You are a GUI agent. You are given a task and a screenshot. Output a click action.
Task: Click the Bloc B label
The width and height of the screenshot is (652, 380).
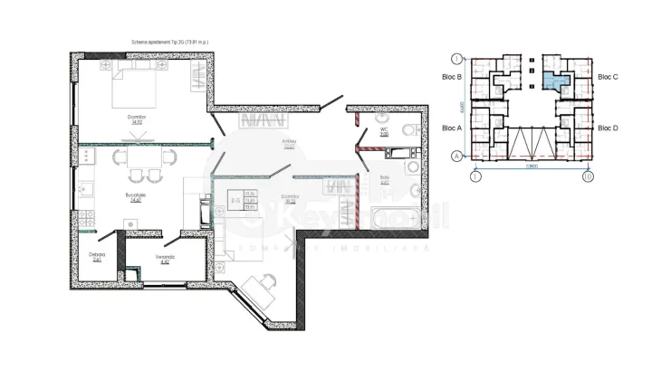453,78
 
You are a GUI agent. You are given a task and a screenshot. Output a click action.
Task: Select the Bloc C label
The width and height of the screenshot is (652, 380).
608,78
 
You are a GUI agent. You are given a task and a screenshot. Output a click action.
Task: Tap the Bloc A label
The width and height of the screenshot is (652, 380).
453,128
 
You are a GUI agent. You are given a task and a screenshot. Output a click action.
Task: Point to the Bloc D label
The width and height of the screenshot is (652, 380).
608,128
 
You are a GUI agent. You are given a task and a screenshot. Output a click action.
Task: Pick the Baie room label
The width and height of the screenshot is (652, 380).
384,179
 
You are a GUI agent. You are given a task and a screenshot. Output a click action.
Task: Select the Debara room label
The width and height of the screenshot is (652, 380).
97,258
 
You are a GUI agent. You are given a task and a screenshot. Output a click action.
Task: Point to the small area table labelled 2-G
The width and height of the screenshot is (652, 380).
242,201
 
